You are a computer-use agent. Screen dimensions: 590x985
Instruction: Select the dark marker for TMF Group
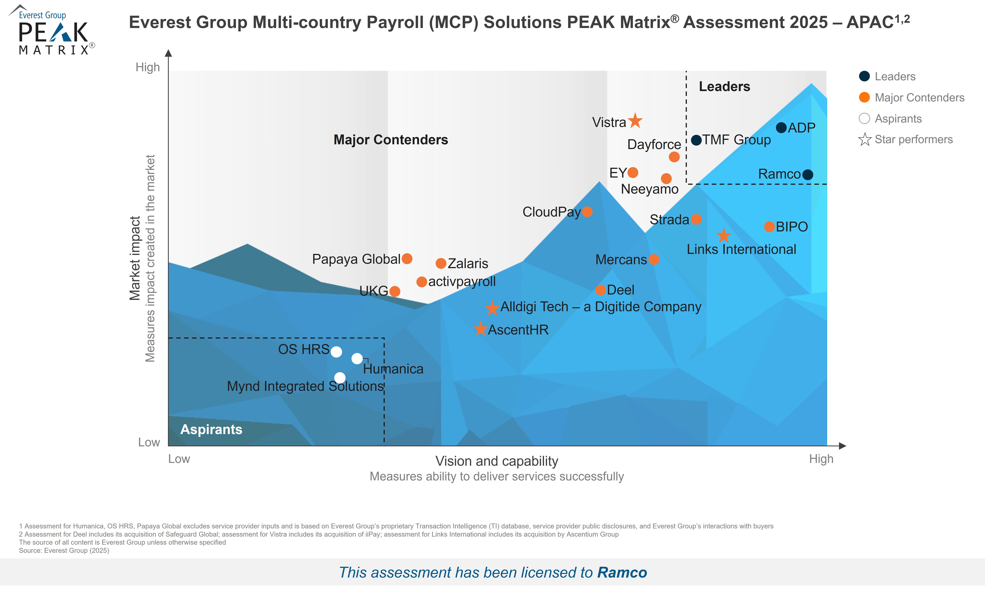click(696, 140)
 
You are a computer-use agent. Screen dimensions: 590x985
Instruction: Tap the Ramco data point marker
click(808, 175)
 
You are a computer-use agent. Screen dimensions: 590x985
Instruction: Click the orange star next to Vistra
click(635, 121)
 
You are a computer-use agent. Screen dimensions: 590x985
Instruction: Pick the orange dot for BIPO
click(769, 227)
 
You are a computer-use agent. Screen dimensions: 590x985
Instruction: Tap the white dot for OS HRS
click(336, 352)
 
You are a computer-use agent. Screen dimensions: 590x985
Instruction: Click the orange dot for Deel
click(601, 290)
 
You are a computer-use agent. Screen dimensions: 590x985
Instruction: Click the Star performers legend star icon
click(864, 140)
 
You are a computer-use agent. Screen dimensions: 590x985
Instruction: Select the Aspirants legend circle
click(864, 118)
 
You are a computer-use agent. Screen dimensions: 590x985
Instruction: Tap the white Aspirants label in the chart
click(211, 429)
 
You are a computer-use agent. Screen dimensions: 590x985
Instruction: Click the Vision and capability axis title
click(497, 461)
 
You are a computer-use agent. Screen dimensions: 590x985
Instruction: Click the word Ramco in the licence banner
click(622, 572)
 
